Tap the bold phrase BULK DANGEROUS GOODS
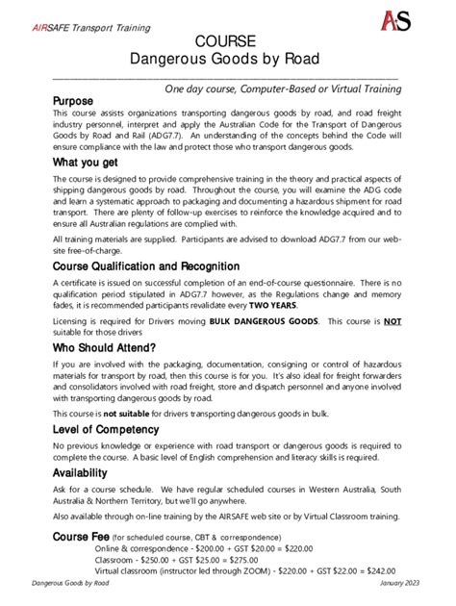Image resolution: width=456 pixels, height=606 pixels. (264, 324)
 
